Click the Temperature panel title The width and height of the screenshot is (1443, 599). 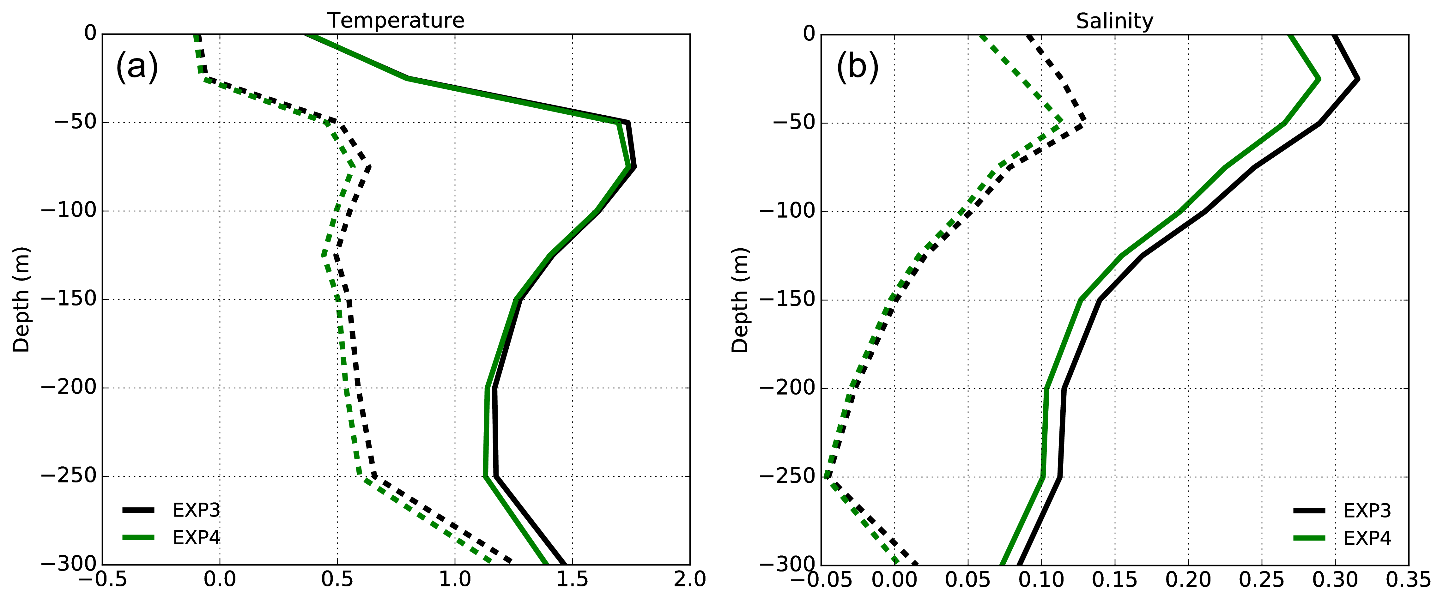pyautogui.click(x=396, y=21)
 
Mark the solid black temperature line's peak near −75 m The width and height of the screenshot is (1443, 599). pyautogui.click(x=634, y=166)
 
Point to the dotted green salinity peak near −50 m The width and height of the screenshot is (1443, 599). pyautogui.click(x=1059, y=119)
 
